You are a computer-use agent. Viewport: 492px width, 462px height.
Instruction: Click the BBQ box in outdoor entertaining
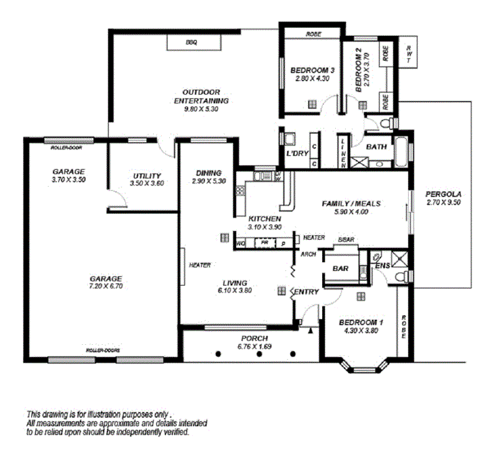click(x=193, y=42)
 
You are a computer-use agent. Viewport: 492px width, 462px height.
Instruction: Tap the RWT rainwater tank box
click(x=410, y=54)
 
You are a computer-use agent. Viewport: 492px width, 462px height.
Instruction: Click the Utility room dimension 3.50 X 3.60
click(x=146, y=184)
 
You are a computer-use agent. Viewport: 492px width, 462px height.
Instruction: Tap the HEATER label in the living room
click(x=200, y=265)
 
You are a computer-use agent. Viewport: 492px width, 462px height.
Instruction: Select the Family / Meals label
click(x=351, y=203)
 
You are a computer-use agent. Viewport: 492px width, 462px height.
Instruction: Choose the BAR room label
click(x=340, y=269)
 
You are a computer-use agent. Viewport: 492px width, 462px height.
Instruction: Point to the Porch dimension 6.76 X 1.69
click(x=255, y=347)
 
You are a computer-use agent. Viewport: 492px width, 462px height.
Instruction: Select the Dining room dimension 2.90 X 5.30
click(x=209, y=181)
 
